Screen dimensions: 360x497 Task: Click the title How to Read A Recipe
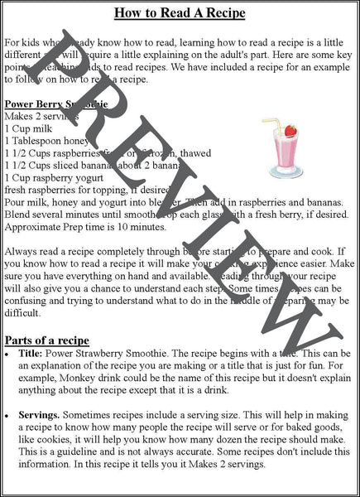click(180, 13)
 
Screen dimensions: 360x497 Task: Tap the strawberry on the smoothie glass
click(290, 131)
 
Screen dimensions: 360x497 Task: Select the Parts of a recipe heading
click(59, 340)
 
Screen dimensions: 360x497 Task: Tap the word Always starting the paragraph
click(21, 249)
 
